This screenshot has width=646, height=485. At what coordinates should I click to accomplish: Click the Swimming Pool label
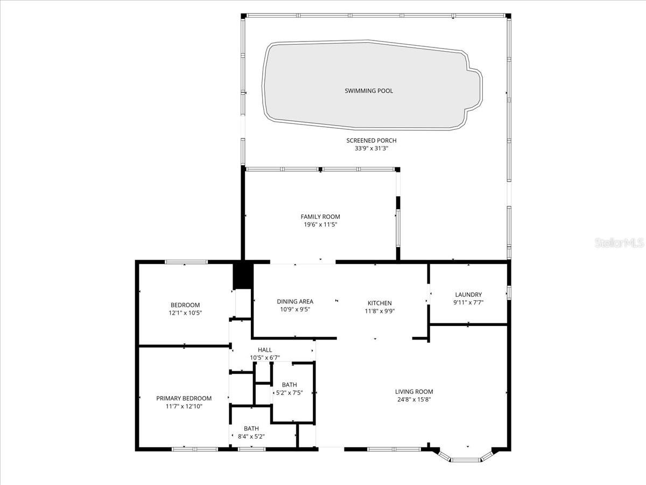pyautogui.click(x=369, y=91)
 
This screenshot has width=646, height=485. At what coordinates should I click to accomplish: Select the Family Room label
pyautogui.click(x=320, y=217)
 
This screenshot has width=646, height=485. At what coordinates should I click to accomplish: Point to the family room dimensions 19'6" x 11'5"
pyautogui.click(x=320, y=225)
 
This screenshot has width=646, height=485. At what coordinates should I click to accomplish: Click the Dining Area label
pyautogui.click(x=295, y=302)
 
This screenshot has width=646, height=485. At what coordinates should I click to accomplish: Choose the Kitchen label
pyautogui.click(x=380, y=303)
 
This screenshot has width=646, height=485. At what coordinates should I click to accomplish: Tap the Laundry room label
pyautogui.click(x=468, y=294)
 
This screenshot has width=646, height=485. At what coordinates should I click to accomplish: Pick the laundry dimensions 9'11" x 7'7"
pyautogui.click(x=468, y=302)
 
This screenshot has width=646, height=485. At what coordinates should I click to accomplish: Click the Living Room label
pyautogui.click(x=414, y=392)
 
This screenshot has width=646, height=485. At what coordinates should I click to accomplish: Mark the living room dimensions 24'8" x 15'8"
pyautogui.click(x=414, y=400)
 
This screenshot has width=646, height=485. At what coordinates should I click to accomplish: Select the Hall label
pyautogui.click(x=265, y=350)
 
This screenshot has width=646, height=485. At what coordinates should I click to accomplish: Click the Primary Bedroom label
pyautogui.click(x=184, y=398)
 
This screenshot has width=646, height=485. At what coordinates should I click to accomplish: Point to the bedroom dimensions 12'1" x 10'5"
pyautogui.click(x=185, y=313)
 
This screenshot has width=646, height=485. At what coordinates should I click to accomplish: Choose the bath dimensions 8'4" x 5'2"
pyautogui.click(x=251, y=436)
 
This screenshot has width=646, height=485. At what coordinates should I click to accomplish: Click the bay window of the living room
pyautogui.click(x=467, y=459)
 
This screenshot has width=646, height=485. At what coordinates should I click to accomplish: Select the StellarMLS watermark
pyautogui.click(x=619, y=243)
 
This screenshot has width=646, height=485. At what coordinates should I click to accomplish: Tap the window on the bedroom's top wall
pyautogui.click(x=186, y=262)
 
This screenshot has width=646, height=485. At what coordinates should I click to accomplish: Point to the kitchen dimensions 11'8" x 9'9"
pyautogui.click(x=380, y=310)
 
